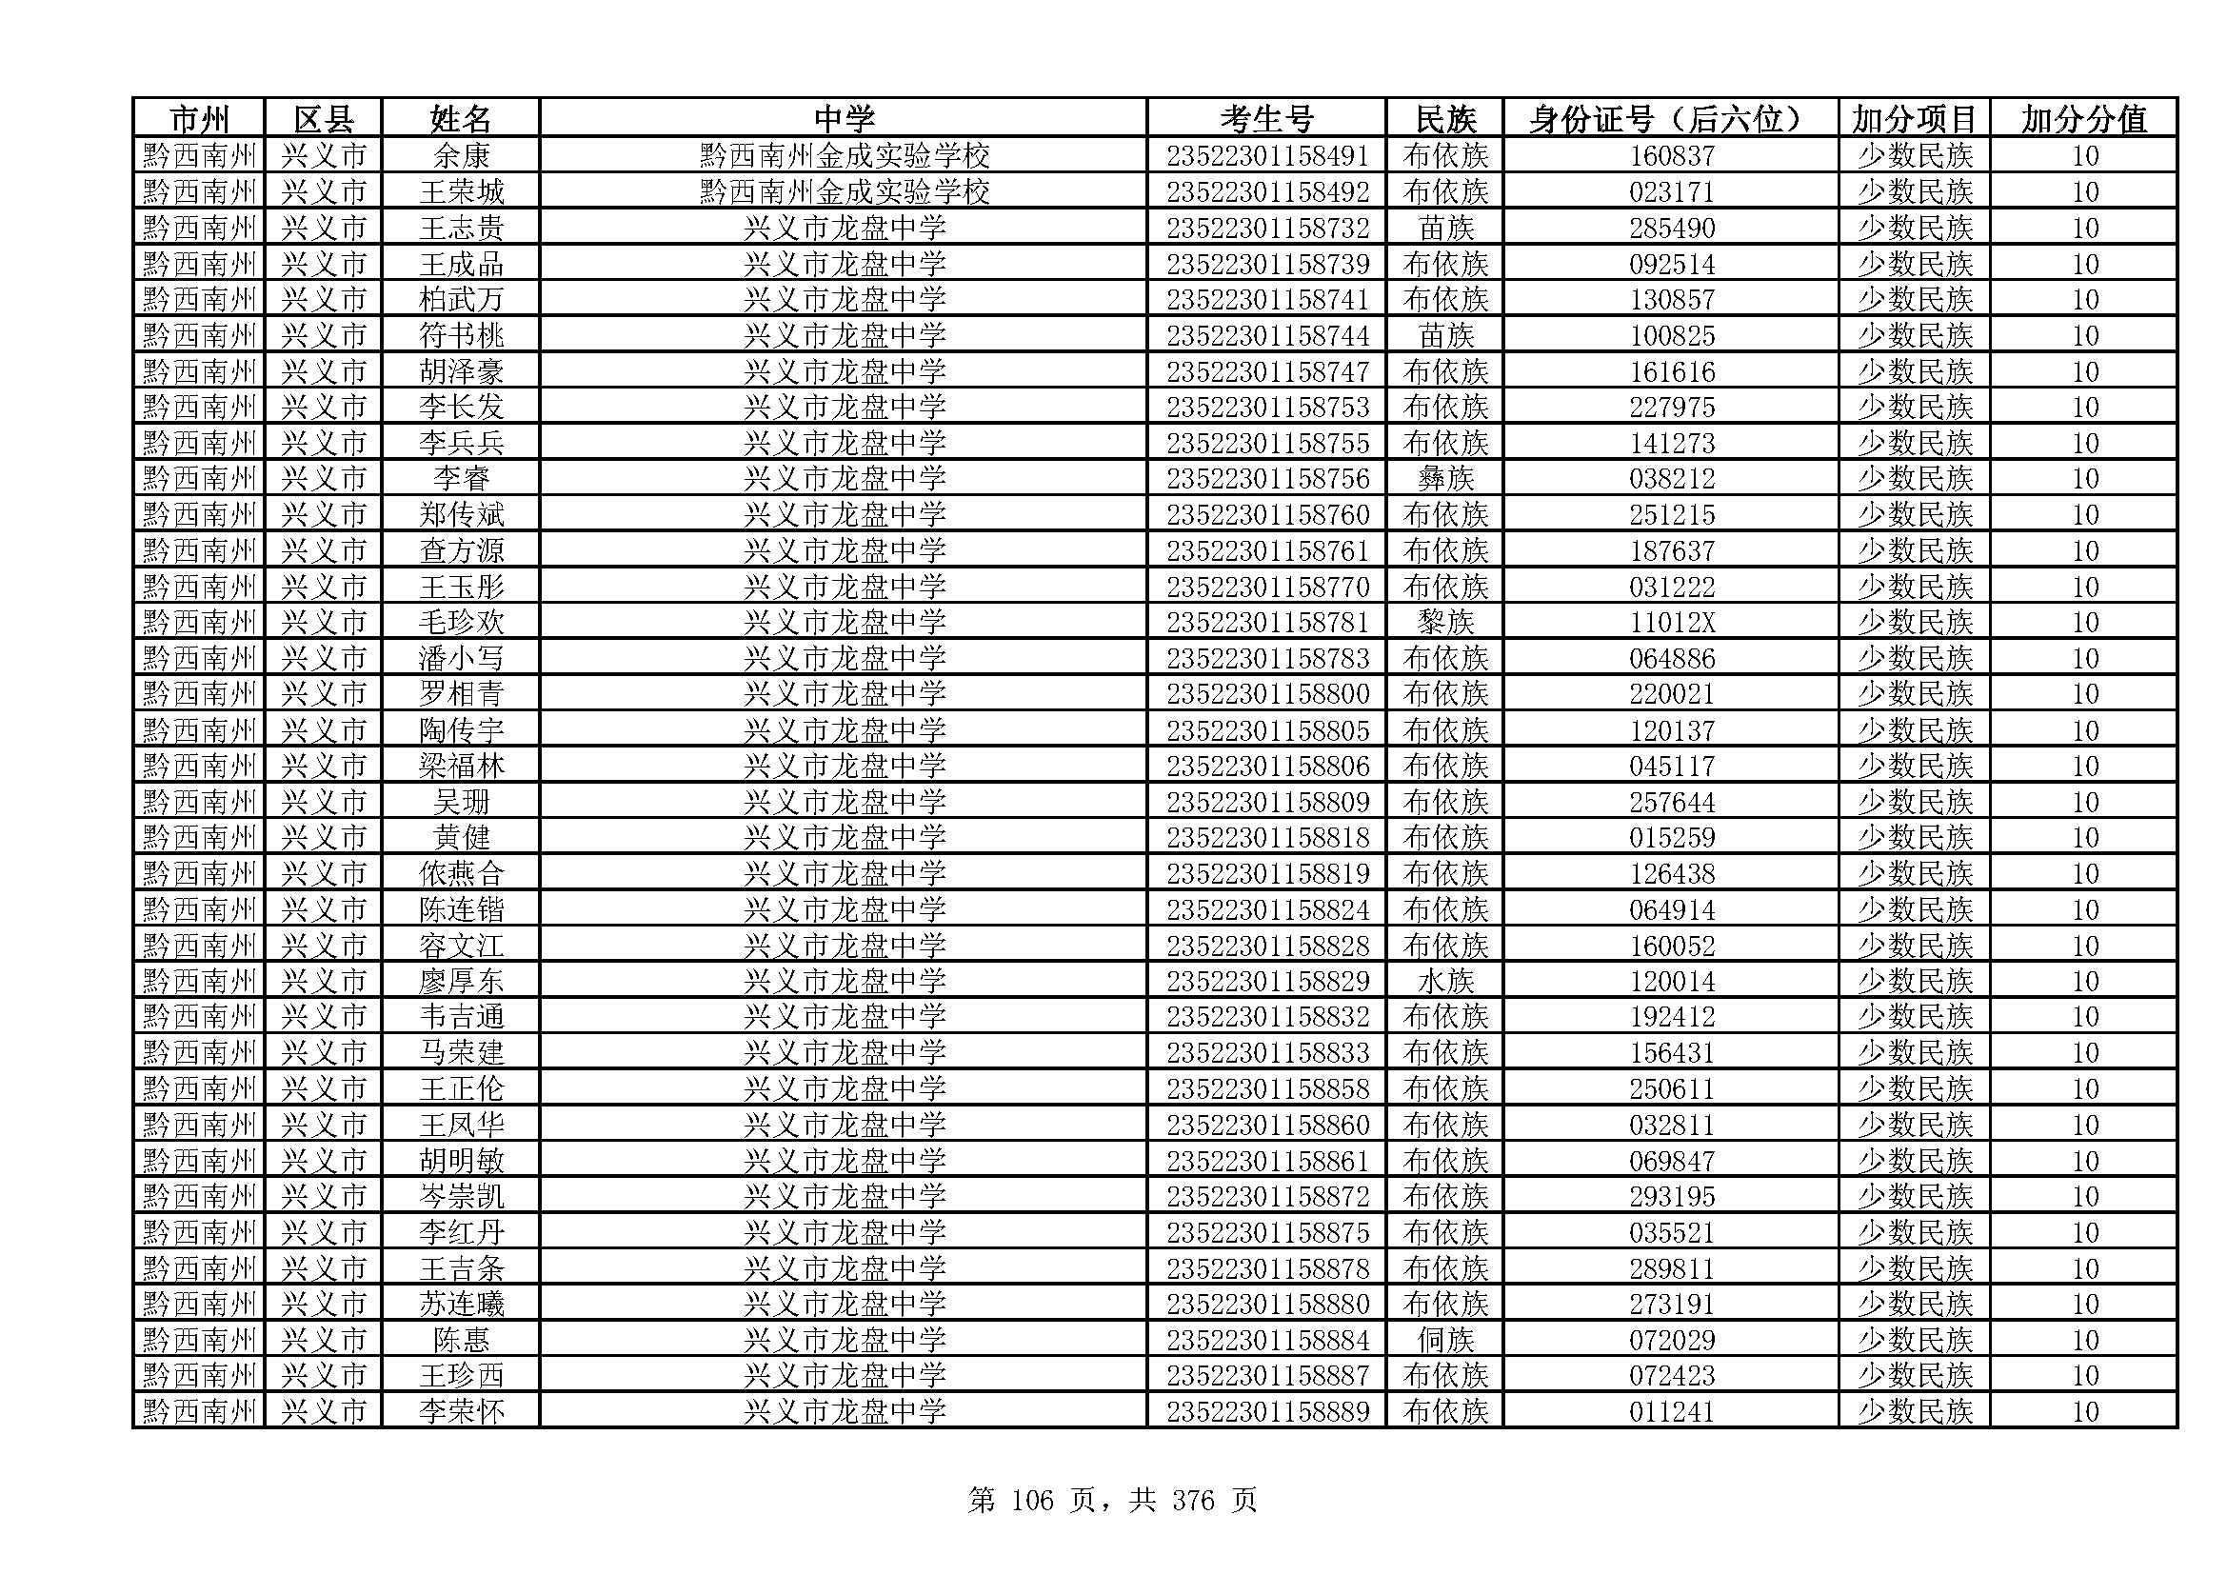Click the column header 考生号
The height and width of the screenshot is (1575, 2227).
tap(1265, 118)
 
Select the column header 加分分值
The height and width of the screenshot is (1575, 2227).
tap(2083, 118)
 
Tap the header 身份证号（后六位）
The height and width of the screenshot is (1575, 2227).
tap(1670, 118)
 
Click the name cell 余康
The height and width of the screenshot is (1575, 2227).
tap(461, 155)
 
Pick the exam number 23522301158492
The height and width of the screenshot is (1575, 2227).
tap(1266, 191)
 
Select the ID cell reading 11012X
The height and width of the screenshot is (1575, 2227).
tap(1671, 622)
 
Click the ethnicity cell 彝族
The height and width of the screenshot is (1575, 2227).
tap(1445, 478)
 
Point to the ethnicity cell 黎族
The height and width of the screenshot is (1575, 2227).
tap(1445, 622)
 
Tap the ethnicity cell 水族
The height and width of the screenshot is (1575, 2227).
tap(1445, 981)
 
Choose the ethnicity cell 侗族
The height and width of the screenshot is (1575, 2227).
tap(1445, 1340)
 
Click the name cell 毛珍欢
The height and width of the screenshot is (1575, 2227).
tap(461, 622)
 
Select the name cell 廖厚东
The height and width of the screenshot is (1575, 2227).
tap(461, 981)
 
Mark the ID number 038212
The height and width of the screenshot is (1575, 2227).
tap(1671, 478)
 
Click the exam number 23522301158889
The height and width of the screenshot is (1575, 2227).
tap(1266, 1411)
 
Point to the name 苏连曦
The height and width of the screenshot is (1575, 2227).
tap(461, 1304)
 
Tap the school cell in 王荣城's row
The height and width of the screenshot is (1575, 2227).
tap(844, 191)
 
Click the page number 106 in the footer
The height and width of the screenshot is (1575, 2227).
tap(1031, 1501)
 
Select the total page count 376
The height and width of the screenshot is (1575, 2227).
tap(1193, 1501)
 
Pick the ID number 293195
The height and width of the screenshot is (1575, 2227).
tap(1671, 1196)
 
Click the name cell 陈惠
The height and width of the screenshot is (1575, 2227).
tap(461, 1340)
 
